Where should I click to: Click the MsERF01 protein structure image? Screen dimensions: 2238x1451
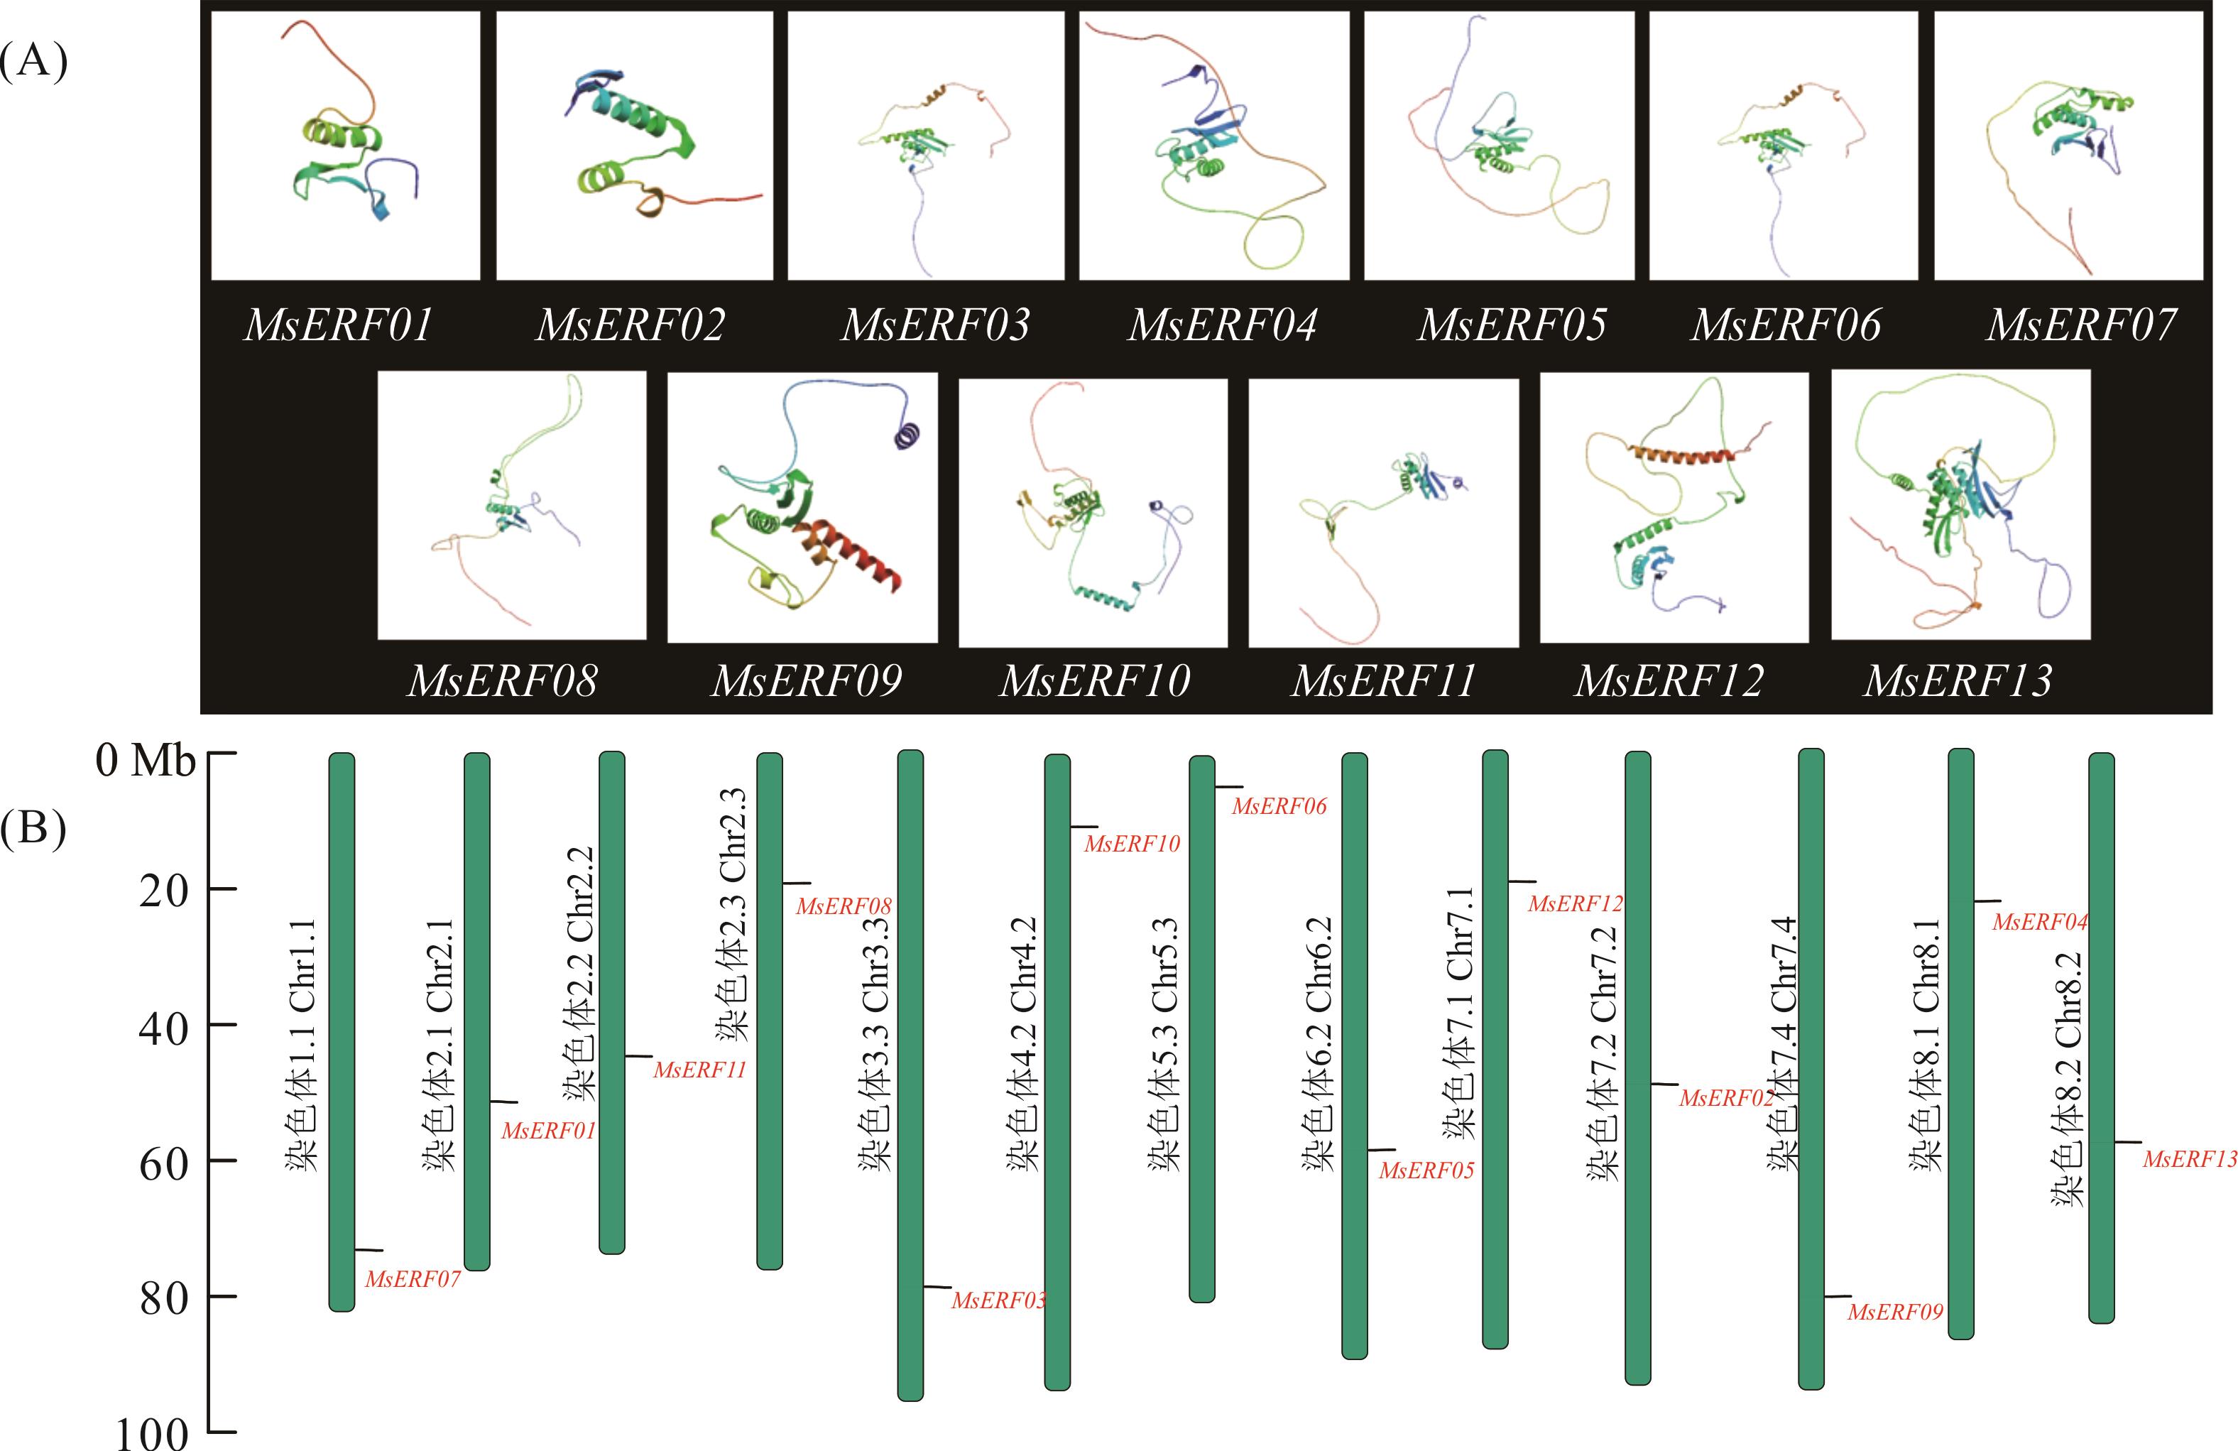(345, 146)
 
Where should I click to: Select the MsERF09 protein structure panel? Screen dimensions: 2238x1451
(802, 507)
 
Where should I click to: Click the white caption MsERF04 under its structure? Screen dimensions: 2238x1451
(1223, 325)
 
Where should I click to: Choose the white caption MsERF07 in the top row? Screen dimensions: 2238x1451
(2081, 325)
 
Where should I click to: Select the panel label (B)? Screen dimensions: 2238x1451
(34, 830)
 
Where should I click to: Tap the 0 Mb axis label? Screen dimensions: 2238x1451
(146, 760)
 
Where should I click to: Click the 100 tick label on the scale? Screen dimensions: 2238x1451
(153, 1433)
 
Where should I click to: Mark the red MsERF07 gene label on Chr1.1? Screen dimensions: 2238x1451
(413, 1279)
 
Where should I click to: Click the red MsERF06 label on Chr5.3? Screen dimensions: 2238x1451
(1279, 806)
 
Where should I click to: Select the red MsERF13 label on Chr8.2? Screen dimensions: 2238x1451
(2190, 1160)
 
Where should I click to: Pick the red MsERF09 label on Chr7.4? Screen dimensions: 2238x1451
(1895, 1312)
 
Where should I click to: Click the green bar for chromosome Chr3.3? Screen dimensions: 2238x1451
(910, 1075)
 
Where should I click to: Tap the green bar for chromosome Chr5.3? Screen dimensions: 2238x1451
(1202, 1029)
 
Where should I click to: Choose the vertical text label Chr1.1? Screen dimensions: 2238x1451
(302, 1044)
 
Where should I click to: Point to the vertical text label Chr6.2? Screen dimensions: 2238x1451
(1319, 1044)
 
